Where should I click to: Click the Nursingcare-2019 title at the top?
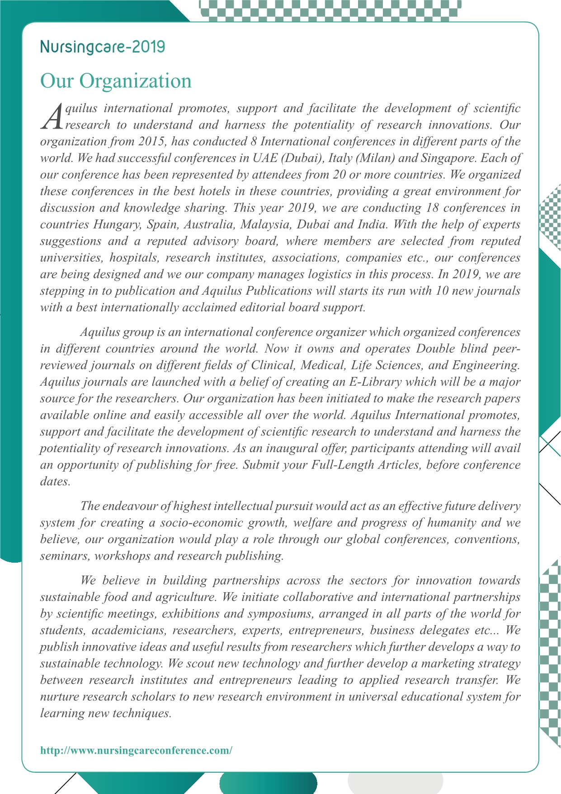pos(103,47)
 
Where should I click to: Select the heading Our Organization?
pos(116,81)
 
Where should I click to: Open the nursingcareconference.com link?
pos(137,751)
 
